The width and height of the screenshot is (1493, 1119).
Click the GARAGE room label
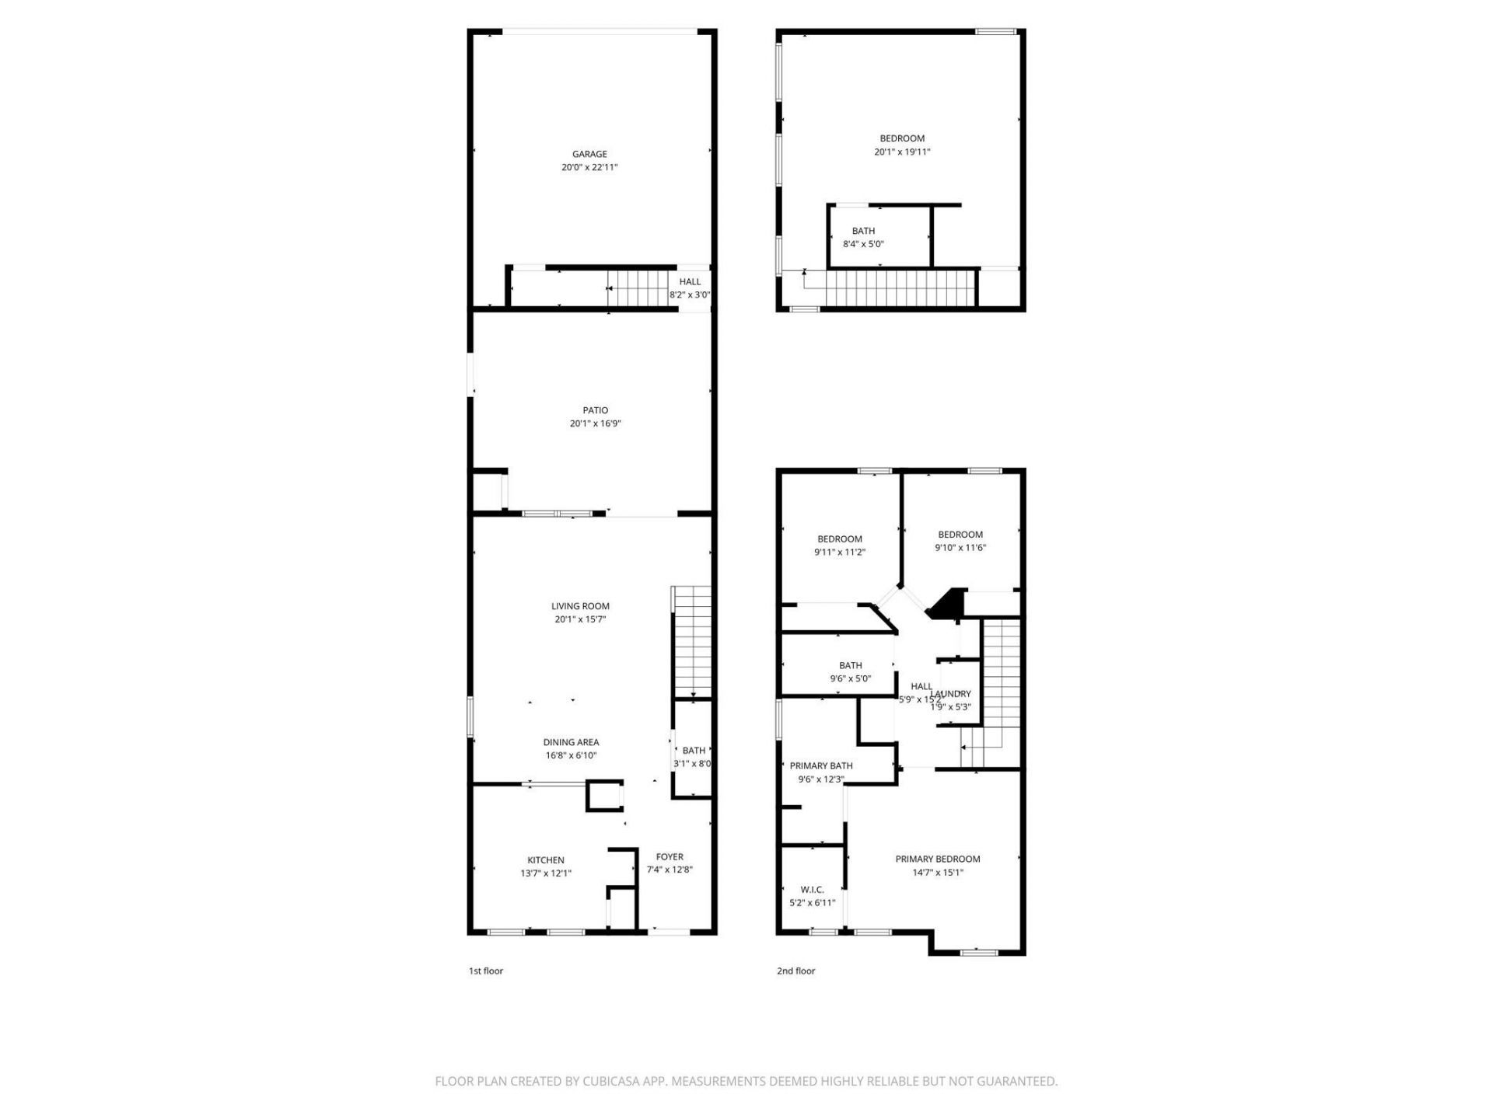point(589,154)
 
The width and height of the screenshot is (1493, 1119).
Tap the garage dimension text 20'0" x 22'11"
point(589,167)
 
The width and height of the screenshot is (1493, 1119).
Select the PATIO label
point(595,410)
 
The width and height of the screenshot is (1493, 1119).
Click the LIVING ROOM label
point(580,606)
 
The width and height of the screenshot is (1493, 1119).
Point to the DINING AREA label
point(571,742)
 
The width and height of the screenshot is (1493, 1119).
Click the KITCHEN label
point(546,860)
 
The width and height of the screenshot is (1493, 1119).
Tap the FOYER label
point(670,857)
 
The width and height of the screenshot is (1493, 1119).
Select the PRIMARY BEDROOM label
point(937,859)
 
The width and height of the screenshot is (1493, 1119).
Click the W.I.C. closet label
point(812,890)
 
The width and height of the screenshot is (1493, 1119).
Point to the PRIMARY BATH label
point(821,765)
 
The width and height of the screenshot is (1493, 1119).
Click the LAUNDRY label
point(953,694)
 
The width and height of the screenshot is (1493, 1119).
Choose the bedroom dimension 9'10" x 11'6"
point(960,548)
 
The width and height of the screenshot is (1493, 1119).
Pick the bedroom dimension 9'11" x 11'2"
point(840,553)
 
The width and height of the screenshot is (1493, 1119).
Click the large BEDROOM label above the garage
point(902,138)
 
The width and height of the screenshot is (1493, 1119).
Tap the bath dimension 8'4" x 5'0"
point(863,244)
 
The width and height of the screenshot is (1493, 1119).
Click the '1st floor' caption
point(486,971)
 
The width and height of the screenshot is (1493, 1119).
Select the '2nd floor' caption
point(795,971)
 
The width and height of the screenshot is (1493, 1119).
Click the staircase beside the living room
point(691,641)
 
